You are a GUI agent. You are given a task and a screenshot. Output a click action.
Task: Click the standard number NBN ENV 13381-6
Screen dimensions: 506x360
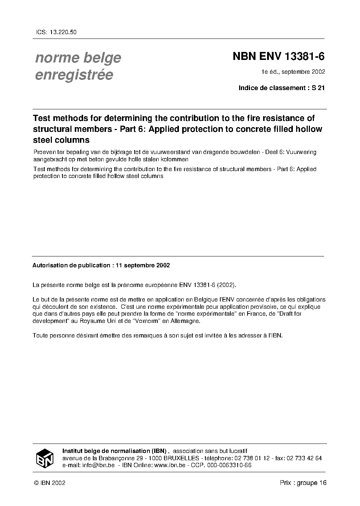click(x=278, y=57)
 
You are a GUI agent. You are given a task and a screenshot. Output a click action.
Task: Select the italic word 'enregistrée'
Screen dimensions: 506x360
click(x=74, y=74)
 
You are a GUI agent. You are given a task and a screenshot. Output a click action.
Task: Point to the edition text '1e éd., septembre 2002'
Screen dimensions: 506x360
click(x=293, y=72)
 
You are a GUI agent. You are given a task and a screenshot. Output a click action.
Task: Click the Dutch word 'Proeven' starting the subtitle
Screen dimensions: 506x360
click(x=43, y=152)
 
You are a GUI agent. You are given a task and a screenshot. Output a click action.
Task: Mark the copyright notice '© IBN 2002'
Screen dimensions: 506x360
click(x=49, y=483)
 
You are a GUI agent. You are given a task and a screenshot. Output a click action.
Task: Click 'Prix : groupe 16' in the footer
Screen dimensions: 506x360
click(x=303, y=483)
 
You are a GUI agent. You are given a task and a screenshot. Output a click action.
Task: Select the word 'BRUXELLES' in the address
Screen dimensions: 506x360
click(x=181, y=458)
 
